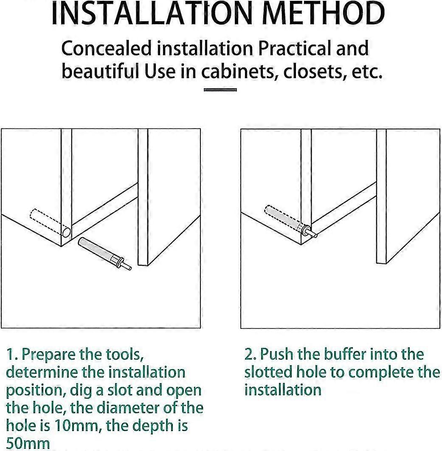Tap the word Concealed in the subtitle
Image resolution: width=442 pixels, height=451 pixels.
point(106,49)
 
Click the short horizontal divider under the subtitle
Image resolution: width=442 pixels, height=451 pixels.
point(220,90)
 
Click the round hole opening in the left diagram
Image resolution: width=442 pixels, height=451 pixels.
point(66,233)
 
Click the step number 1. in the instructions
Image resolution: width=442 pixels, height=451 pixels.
point(12,354)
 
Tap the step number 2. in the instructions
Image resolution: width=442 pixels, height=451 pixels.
point(251,354)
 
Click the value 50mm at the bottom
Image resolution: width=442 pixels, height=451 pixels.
point(28,444)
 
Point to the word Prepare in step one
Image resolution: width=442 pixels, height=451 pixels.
point(50,355)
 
